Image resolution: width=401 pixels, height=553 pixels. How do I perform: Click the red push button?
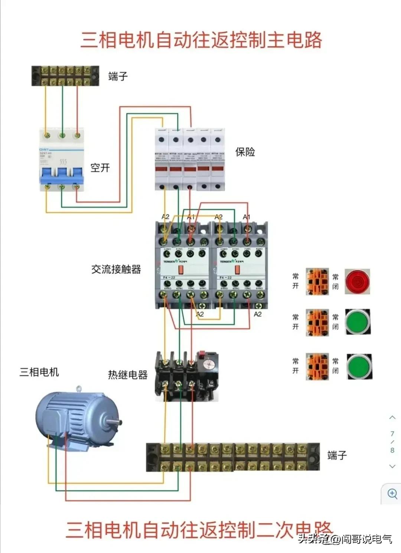(358, 282)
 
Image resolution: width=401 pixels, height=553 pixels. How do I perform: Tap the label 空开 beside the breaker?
(100, 168)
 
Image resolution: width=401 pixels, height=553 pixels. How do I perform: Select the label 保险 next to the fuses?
(245, 152)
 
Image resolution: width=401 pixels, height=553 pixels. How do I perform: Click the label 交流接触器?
(116, 269)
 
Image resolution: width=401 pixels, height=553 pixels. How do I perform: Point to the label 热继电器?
(128, 375)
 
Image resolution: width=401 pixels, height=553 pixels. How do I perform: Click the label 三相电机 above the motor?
(39, 372)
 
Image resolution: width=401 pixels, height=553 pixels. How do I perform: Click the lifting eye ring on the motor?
(78, 389)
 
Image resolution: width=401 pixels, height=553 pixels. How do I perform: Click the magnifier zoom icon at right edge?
(392, 494)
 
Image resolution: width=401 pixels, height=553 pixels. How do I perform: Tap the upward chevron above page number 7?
(392, 417)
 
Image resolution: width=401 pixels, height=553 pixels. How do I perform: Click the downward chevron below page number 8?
(392, 466)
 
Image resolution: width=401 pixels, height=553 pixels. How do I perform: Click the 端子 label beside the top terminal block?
(118, 77)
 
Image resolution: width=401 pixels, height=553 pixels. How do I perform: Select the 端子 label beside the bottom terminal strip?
(337, 455)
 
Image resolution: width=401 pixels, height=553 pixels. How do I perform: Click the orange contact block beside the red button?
(317, 282)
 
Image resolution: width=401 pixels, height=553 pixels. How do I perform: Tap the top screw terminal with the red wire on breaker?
(77, 136)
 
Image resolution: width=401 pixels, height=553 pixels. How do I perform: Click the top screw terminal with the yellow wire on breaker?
(46, 136)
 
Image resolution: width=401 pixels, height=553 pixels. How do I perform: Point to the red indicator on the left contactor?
(181, 270)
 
